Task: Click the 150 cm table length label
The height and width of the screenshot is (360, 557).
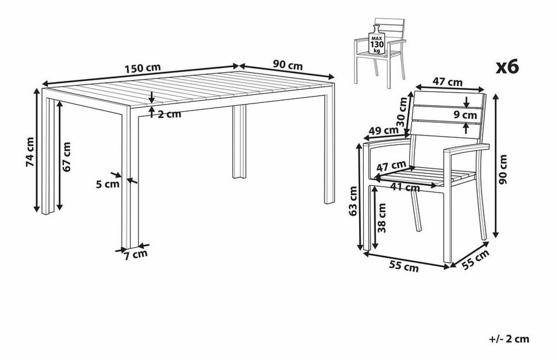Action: click(143, 67)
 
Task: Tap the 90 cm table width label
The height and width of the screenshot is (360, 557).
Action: click(288, 65)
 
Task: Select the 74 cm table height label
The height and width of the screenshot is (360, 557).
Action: click(30, 152)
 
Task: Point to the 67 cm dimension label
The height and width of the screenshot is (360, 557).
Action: click(66, 156)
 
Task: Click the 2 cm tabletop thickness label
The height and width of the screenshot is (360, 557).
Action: click(169, 115)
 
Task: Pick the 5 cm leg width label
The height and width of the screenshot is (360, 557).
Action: click(108, 184)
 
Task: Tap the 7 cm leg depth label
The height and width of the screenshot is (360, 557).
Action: click(136, 255)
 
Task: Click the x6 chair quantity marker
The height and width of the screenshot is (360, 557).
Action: click(508, 66)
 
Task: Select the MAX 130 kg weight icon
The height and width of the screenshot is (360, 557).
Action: click(377, 40)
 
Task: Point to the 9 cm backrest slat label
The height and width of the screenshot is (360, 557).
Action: click(465, 115)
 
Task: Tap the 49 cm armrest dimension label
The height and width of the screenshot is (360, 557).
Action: click(384, 131)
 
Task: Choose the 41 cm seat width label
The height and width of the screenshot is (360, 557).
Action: click(405, 187)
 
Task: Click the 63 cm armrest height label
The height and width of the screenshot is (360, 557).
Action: click(353, 201)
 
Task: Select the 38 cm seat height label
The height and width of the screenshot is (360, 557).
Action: click(382, 218)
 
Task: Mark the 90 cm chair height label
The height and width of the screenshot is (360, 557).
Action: click(503, 169)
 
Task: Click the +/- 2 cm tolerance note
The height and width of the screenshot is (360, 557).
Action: click(509, 339)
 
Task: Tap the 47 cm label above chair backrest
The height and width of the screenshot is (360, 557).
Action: click(447, 83)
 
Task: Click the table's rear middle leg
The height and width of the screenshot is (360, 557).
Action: click(239, 142)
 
